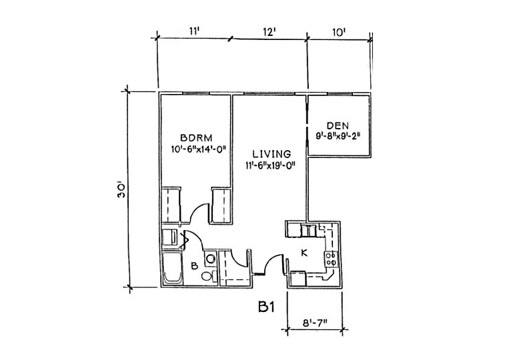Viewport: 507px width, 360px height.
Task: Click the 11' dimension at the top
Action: tap(193, 31)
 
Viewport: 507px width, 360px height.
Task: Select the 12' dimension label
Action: tap(269, 32)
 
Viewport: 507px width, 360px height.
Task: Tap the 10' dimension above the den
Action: tap(339, 32)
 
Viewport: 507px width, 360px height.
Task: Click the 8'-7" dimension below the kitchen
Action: tap(314, 323)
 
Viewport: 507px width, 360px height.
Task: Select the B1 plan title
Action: tap(266, 307)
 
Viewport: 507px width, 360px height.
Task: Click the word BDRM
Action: tap(196, 138)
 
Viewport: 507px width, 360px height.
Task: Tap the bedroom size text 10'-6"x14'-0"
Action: tap(197, 149)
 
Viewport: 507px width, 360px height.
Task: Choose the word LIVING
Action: tap(272, 154)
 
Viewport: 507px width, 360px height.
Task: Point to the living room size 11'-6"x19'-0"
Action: tap(271, 165)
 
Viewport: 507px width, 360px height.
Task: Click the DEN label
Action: tap(338, 125)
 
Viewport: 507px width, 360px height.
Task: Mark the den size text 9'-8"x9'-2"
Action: tap(338, 136)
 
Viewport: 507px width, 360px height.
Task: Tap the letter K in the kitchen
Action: tap(304, 253)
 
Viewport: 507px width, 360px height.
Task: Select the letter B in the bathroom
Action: tap(194, 266)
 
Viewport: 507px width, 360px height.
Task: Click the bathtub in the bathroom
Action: tap(172, 269)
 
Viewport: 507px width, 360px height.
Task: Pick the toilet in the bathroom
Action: tap(209, 276)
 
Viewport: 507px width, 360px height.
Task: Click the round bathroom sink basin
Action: tap(211, 259)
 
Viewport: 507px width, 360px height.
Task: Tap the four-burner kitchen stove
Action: tap(331, 259)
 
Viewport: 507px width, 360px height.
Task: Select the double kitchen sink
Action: tap(308, 231)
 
